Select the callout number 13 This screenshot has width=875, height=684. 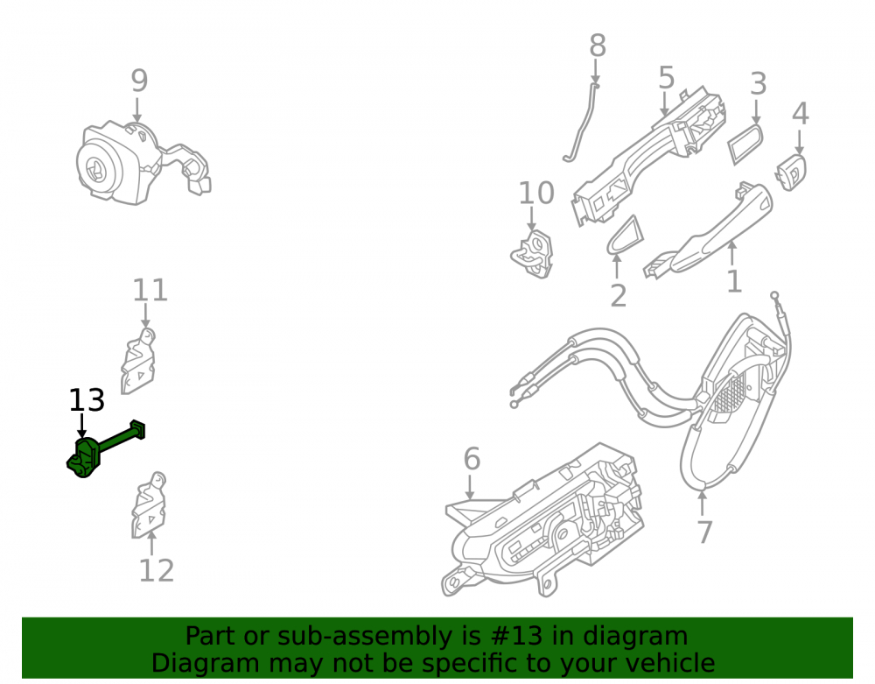coord(87,400)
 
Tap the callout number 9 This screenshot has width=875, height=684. coord(139,81)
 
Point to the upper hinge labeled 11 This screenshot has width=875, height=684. coord(138,362)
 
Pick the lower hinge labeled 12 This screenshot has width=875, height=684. coord(149,505)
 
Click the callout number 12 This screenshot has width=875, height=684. coord(157,571)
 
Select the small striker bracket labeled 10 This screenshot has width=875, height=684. coord(532,254)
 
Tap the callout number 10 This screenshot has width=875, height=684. coord(536,194)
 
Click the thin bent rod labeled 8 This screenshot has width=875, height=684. coord(580,123)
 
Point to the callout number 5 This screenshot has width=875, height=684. coord(666,77)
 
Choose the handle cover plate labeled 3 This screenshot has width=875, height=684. coord(745,144)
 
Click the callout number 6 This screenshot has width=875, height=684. coord(472,459)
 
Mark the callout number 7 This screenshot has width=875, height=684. coord(704,532)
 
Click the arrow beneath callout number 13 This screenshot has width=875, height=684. coord(82,426)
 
